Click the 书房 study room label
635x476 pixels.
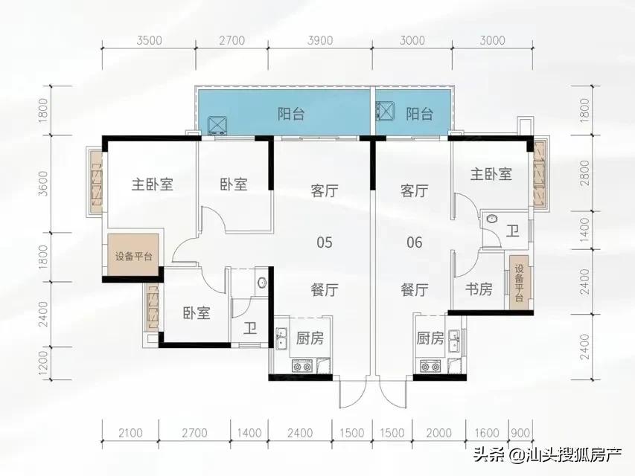click(x=479, y=289)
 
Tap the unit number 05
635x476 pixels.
click(x=324, y=242)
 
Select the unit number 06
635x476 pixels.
click(x=414, y=242)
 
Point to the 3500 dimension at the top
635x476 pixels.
click(x=150, y=41)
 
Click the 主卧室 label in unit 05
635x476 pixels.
click(x=152, y=184)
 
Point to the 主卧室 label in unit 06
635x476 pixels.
click(x=491, y=174)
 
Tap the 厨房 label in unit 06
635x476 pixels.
click(x=430, y=338)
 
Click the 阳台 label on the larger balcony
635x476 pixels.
click(x=291, y=114)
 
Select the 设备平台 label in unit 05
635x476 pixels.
click(x=134, y=257)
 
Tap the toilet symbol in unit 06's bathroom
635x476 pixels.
click(x=491, y=219)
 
